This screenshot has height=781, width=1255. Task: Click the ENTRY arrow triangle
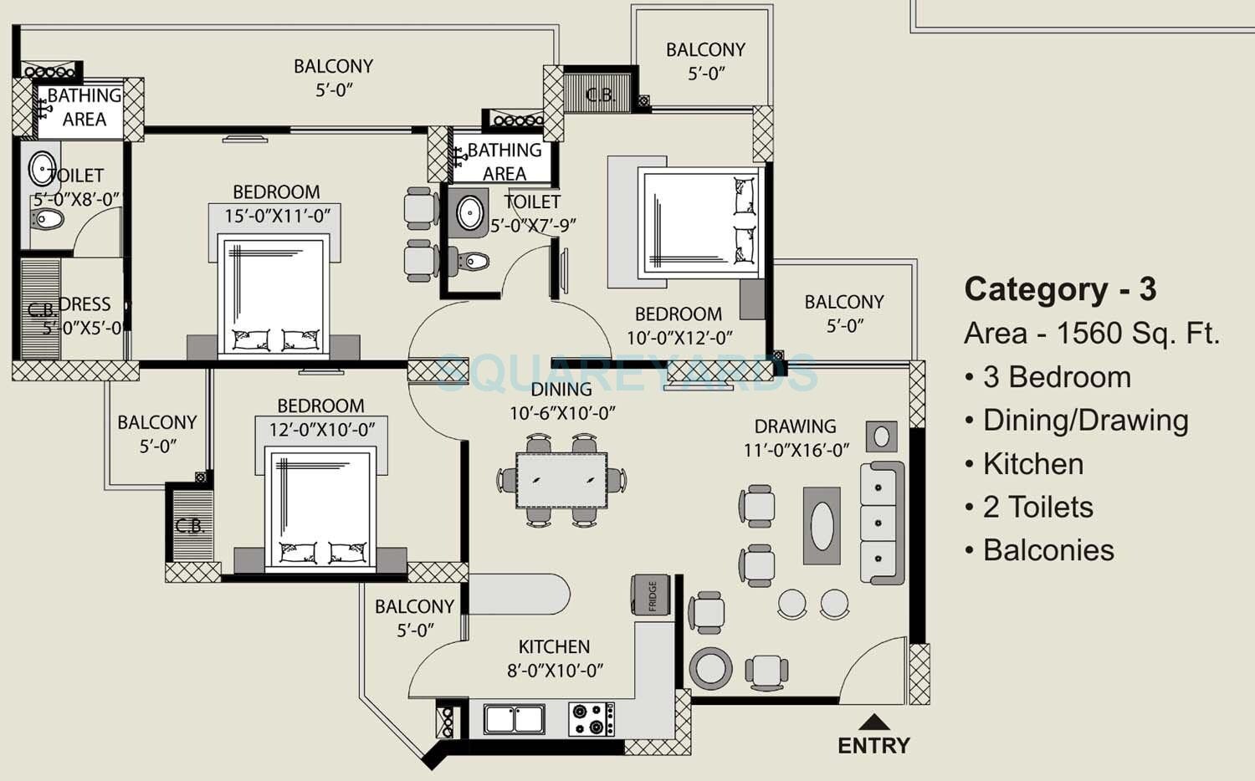(x=873, y=722)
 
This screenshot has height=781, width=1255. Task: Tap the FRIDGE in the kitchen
(x=651, y=595)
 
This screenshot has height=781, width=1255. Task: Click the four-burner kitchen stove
(x=591, y=719)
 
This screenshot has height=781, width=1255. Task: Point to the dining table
(x=561, y=481)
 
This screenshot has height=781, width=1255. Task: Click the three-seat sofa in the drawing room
(x=882, y=523)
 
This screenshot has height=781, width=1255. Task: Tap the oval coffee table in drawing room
(x=822, y=526)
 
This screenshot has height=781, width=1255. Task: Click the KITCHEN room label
(x=554, y=647)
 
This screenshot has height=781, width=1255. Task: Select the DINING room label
(x=561, y=390)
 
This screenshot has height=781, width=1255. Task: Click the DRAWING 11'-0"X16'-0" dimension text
(x=796, y=450)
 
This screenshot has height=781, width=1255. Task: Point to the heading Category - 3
(x=1059, y=289)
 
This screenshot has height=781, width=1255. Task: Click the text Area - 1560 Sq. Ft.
(x=1091, y=334)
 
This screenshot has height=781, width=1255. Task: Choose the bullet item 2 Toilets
(x=1037, y=508)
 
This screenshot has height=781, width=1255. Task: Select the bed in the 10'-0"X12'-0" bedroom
(x=699, y=222)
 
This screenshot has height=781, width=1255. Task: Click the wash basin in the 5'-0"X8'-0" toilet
(x=42, y=169)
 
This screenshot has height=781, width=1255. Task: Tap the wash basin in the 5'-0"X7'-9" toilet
(x=471, y=212)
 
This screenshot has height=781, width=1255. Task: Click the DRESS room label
(x=85, y=304)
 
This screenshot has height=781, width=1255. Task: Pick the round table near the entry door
(x=711, y=667)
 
